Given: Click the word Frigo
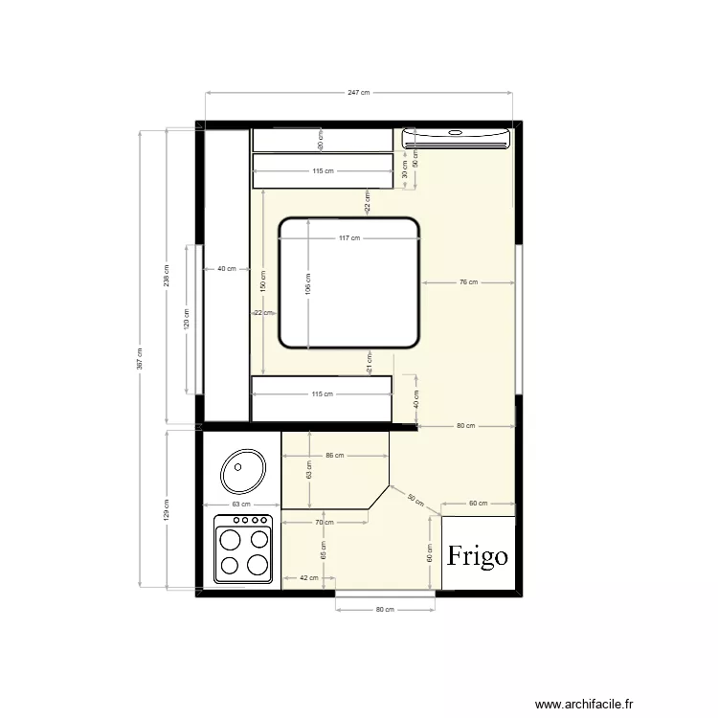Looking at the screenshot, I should coord(479,556).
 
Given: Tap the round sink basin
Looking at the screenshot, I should coord(242,471).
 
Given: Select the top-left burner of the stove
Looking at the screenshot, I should coord(231,539).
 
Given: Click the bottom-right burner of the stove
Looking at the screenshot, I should coord(257,565).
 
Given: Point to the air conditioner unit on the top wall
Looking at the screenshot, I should coord(455,138).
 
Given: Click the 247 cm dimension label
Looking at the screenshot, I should coord(358,93).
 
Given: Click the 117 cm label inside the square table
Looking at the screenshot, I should coord(348,238).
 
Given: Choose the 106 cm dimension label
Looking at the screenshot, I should coord(307,283).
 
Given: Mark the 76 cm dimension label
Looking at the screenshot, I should coord(467,282).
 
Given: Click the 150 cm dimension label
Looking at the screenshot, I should coord(262,280).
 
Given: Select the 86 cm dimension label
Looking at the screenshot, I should coord(335,457).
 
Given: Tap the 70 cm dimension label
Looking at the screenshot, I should coord(324,523).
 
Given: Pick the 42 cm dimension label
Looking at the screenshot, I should coord(307,578).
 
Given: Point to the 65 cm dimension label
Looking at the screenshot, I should coord(323,550).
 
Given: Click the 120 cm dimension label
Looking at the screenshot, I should coord(187,319).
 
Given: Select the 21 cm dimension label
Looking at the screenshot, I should coord(369,362).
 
